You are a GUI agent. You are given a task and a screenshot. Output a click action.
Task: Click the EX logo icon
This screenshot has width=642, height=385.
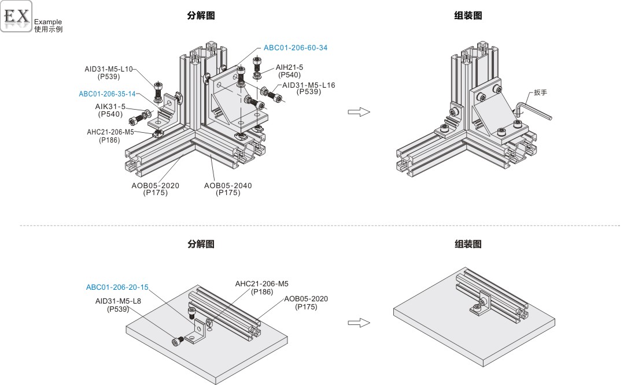(16, 16)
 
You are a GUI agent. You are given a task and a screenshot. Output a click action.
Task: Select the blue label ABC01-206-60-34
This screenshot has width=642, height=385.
(296, 48)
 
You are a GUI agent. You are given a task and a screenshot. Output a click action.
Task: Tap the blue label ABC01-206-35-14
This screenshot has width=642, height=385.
(108, 94)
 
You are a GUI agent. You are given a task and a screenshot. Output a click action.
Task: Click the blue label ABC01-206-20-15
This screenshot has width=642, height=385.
(117, 287)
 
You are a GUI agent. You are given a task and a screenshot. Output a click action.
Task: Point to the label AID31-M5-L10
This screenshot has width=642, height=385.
(109, 69)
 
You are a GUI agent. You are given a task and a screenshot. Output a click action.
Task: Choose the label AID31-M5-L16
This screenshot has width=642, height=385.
(308, 85)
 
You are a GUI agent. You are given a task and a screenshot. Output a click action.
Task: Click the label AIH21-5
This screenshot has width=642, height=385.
(289, 68)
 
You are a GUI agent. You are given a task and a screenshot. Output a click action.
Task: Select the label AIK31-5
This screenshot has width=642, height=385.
(110, 107)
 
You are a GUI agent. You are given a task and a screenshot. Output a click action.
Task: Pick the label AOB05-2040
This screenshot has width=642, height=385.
(228, 185)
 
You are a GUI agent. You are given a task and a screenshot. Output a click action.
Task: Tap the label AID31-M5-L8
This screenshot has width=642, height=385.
(118, 301)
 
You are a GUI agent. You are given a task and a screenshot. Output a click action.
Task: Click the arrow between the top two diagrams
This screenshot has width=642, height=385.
(358, 111)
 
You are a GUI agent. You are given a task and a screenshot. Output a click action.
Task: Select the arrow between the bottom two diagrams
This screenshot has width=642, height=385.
(358, 323)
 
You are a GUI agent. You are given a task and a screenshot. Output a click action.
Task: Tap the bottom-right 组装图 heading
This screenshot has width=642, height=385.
(468, 244)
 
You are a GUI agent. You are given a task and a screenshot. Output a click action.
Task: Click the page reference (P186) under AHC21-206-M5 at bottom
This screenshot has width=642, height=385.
(262, 292)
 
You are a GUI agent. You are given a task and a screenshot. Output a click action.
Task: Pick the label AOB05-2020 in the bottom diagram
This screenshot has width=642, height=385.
(306, 299)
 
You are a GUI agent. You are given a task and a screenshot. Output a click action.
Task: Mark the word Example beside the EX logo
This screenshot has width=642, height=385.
(48, 22)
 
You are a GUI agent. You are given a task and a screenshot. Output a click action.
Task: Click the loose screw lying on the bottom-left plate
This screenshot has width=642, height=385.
(178, 341)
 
